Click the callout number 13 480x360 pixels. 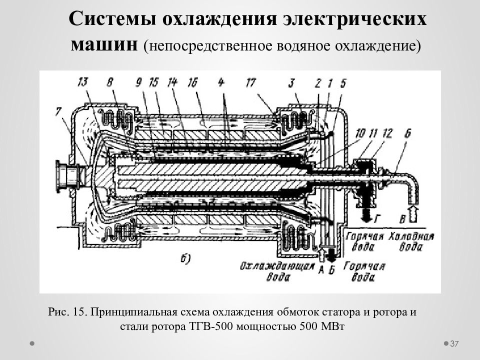coord(83,81)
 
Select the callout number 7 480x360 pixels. coord(58,111)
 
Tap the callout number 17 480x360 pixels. coord(250,82)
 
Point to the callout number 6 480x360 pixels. coord(407,134)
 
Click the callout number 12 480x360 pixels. coord(387,134)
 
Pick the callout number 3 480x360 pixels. coord(291,82)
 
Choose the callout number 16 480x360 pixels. coord(193,82)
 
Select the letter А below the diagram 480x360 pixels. coord(321,270)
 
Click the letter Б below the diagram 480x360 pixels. coord(332,270)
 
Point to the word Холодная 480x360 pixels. coord(411,236)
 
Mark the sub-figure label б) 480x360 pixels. coord(185,259)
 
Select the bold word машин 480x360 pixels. coord(104,45)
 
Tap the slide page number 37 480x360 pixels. coord(454,344)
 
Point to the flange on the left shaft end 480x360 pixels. coord(60,176)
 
